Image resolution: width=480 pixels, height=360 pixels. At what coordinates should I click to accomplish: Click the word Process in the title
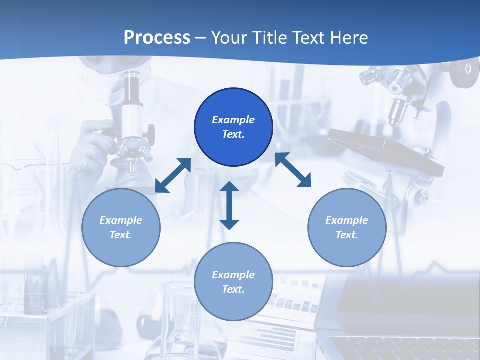coord(157,38)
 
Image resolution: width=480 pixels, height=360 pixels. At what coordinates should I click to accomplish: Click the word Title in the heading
coord(270,38)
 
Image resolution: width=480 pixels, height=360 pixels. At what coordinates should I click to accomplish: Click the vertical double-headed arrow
coord(229,206)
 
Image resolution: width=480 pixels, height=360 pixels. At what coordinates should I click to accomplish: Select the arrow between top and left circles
coord(173,175)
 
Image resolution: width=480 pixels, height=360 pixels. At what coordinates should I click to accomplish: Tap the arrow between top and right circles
coord(293,170)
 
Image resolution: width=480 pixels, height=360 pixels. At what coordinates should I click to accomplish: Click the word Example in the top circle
coord(233,120)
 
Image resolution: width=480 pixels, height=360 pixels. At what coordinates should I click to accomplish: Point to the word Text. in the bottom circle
coord(233,289)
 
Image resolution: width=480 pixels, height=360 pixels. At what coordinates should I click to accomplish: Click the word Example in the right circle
coord(347,220)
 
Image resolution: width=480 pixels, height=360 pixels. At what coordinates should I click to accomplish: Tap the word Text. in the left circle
coord(121,235)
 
